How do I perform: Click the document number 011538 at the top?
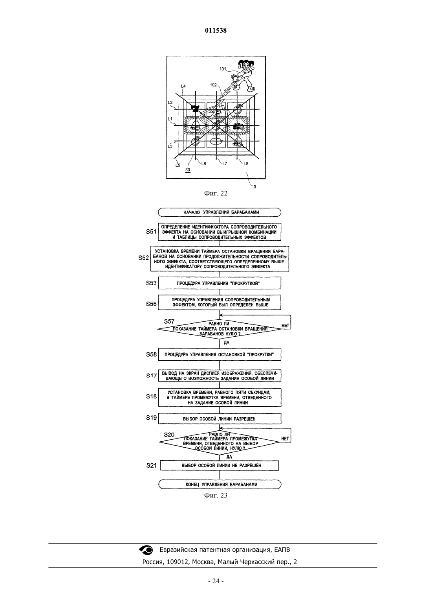[x=216, y=30]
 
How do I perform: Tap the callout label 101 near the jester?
[x=223, y=69]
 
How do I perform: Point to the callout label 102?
[x=213, y=85]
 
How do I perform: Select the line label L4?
[x=183, y=86]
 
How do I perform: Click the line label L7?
[x=225, y=164]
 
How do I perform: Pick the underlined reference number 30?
[x=188, y=170]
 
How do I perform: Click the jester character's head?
[x=245, y=65]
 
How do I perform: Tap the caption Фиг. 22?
[x=216, y=194]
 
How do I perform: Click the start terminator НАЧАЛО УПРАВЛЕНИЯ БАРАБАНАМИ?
[x=220, y=212]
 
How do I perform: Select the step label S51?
[x=151, y=232]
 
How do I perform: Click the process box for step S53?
[x=220, y=283]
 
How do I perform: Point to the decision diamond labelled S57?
[x=220, y=329]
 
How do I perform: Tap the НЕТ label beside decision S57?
[x=285, y=326]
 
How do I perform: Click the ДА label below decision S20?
[x=229, y=457]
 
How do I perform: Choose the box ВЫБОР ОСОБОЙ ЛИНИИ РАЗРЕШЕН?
[x=220, y=418]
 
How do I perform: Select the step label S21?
[x=152, y=466]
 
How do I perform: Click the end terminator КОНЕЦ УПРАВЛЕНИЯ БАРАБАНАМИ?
[x=220, y=485]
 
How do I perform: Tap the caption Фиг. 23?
[x=216, y=495]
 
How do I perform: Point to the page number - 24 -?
[x=216, y=581]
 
